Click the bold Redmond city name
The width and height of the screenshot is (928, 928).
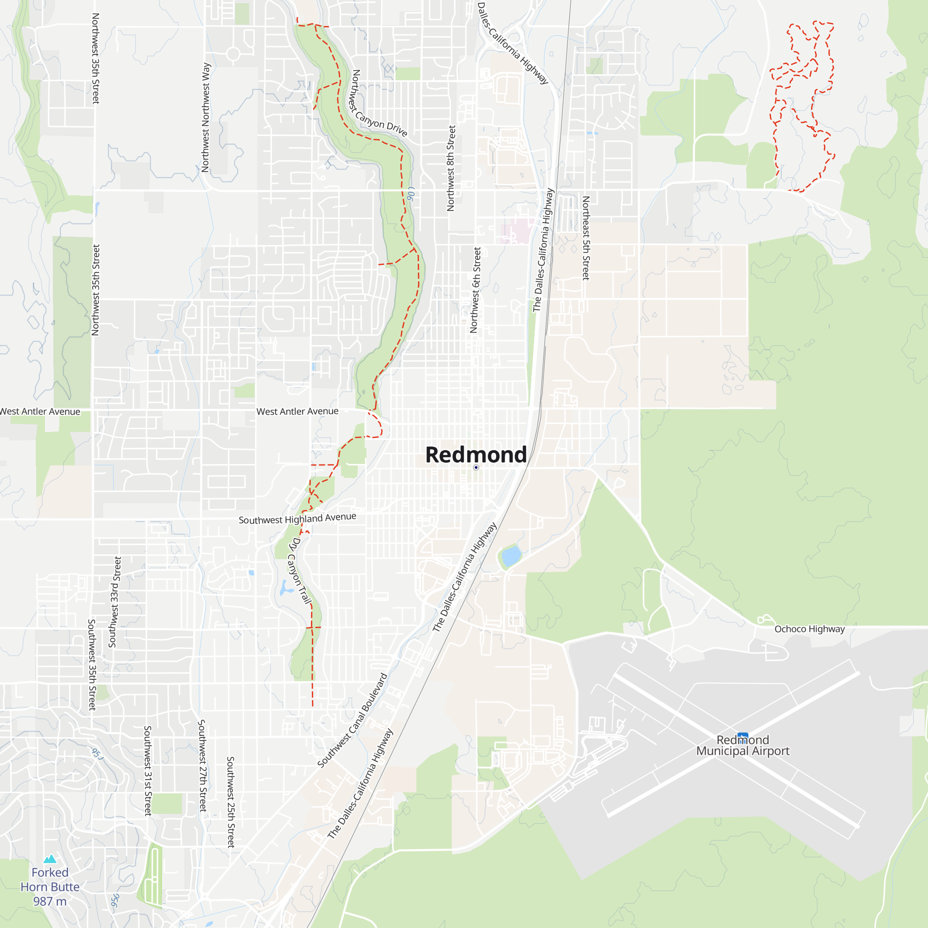point(476,454)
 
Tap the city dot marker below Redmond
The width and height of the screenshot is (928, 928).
point(476,467)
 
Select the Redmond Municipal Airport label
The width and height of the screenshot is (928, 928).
point(742,746)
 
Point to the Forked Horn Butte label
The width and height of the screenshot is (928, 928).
point(50,887)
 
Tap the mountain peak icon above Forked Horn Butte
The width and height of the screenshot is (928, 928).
point(50,859)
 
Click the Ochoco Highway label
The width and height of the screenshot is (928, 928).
point(809,629)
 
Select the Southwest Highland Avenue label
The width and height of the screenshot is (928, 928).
point(297,519)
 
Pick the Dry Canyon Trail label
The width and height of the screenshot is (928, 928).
point(300,570)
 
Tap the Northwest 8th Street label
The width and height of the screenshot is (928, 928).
point(451,168)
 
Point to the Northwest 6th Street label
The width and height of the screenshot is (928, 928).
point(475,290)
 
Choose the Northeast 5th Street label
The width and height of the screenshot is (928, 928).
point(586,238)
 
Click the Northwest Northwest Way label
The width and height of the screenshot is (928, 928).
point(206,117)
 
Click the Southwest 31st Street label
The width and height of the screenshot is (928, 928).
point(148,770)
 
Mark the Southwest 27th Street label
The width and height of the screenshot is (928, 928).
point(202,766)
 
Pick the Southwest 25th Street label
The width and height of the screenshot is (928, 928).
point(231,802)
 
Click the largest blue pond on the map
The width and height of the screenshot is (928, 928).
point(511,556)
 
